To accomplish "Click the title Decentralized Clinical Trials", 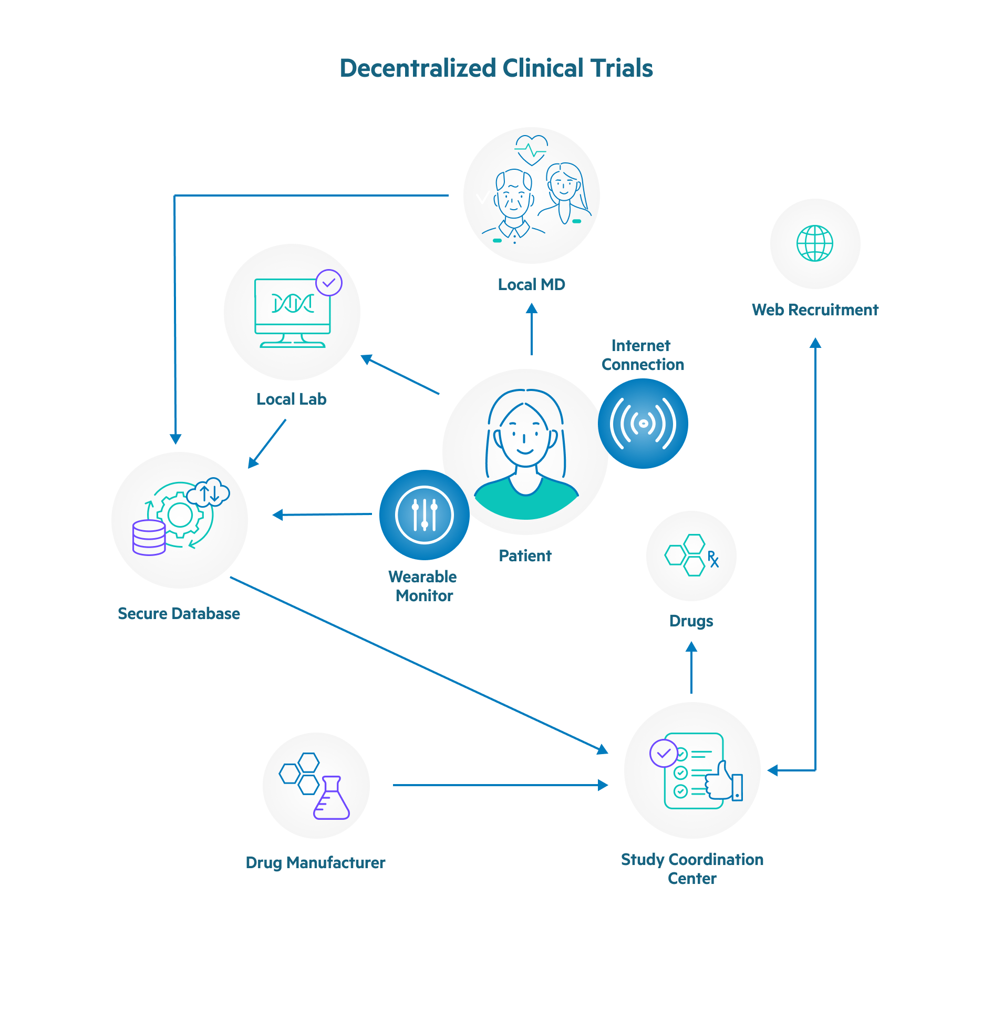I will tap(496, 68).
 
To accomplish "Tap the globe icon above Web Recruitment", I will tap(814, 243).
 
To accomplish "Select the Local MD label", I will tap(531, 284).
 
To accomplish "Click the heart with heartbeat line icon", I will tap(531, 150).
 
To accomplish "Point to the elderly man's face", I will tap(513, 197).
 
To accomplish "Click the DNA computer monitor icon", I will tap(292, 312).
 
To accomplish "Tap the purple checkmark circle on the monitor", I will tap(329, 283).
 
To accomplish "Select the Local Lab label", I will tap(291, 399).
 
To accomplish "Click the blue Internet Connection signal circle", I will tap(643, 423).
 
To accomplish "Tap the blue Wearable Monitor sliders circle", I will tap(424, 514).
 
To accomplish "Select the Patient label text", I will tap(525, 555).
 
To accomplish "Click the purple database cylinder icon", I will tap(149, 538).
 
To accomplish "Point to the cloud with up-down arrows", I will tap(209, 492).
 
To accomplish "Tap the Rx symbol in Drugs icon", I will tap(712, 559).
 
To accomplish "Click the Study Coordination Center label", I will tap(691, 868).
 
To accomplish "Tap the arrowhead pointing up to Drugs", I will tap(691, 647).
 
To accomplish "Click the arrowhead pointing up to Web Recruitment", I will tap(815, 343).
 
